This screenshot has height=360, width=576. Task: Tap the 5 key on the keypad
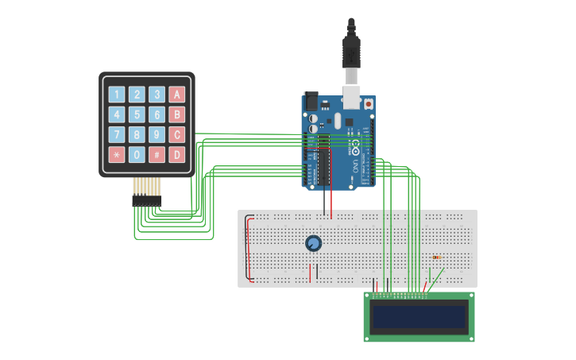coord(137,114)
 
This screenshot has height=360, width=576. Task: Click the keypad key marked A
coord(177,95)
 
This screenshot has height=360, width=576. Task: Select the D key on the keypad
coord(177,154)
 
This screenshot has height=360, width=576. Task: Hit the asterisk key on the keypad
coord(117,154)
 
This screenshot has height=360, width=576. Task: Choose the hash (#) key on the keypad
coord(157,154)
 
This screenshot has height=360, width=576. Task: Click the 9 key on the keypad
coord(157,134)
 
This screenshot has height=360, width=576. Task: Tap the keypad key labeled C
coord(177,134)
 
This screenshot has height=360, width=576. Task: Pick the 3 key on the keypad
coord(157,95)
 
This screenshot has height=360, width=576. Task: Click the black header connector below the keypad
coord(147,202)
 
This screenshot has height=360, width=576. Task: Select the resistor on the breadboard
coord(438,257)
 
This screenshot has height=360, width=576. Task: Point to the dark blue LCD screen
coord(419,317)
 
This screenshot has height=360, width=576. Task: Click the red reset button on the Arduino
coord(369,103)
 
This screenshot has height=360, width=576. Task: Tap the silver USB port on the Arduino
coord(350,99)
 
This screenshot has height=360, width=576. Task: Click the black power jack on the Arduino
coord(311,101)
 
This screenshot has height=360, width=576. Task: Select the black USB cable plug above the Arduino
coord(351,52)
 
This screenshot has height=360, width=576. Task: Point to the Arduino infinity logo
coord(355,149)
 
